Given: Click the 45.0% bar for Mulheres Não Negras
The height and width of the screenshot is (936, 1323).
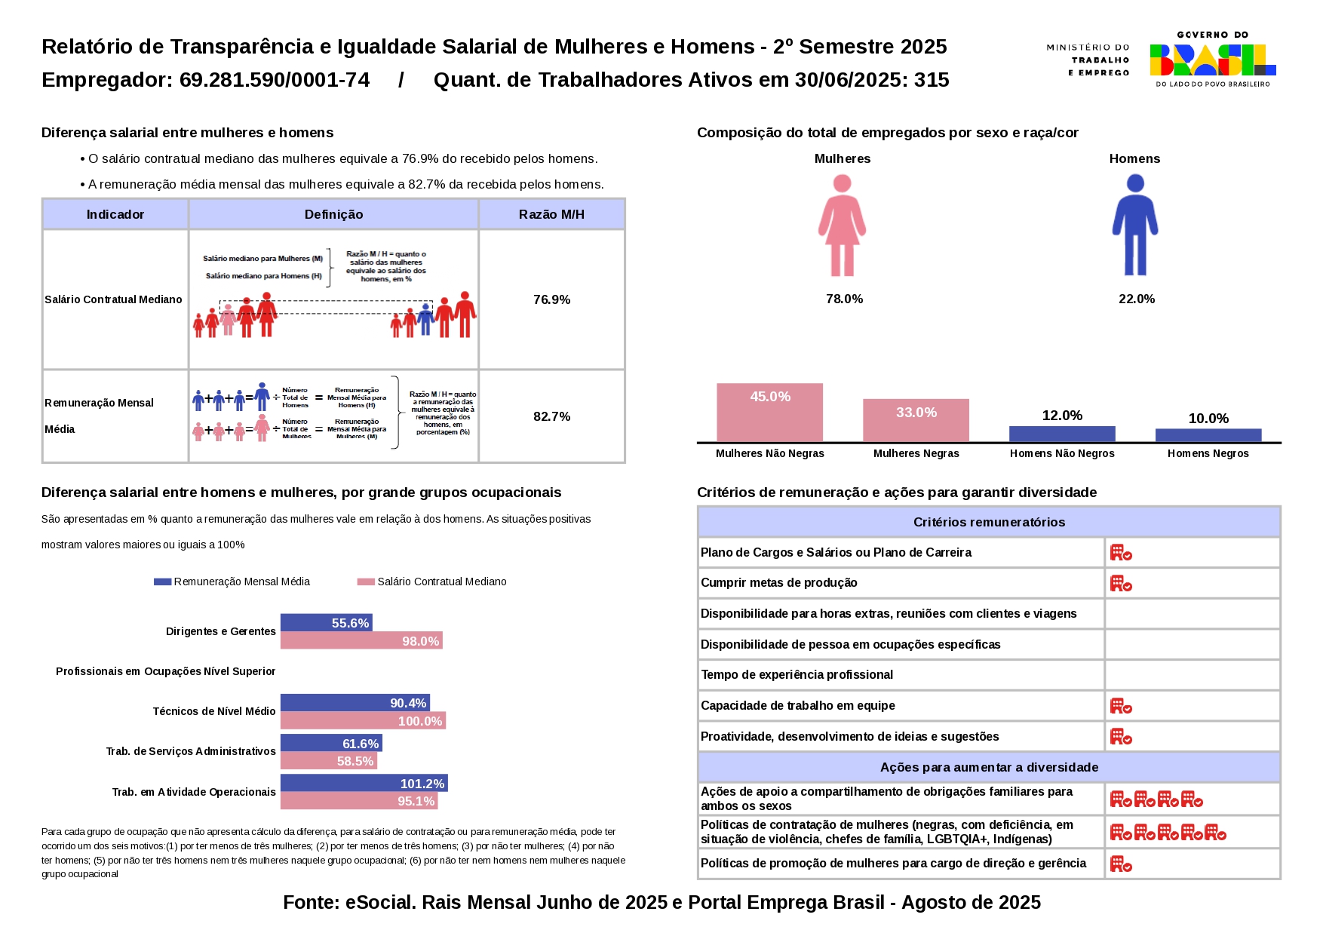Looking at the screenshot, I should pyautogui.click(x=769, y=413).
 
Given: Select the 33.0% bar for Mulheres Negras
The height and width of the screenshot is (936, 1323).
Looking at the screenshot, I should pyautogui.click(x=916, y=420).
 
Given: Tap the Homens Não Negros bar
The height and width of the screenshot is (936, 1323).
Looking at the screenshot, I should pyautogui.click(x=1062, y=434).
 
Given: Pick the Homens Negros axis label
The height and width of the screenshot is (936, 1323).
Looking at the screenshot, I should pyautogui.click(x=1208, y=453).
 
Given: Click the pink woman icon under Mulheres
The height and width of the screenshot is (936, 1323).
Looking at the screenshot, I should pyautogui.click(x=842, y=225).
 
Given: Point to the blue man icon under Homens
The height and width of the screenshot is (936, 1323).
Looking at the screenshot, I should pyautogui.click(x=1134, y=225).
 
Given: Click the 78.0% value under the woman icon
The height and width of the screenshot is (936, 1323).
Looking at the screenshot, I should pyautogui.click(x=844, y=299).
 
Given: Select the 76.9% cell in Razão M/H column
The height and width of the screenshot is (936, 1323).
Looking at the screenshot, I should pyautogui.click(x=551, y=299).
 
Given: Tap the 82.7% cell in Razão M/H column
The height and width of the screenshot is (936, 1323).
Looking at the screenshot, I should pyautogui.click(x=551, y=416).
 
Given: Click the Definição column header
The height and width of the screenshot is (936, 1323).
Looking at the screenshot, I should pyautogui.click(x=333, y=215).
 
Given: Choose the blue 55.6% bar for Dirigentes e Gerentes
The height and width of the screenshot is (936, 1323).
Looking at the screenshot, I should pyautogui.click(x=327, y=623).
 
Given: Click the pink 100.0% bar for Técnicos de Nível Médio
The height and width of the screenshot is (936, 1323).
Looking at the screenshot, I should pyautogui.click(x=363, y=721).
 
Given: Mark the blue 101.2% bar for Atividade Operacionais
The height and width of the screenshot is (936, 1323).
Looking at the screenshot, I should pyautogui.click(x=364, y=784).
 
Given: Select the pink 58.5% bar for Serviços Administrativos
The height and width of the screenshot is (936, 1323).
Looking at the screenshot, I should pyautogui.click(x=328, y=761).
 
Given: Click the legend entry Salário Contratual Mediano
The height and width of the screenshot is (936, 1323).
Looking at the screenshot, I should pyautogui.click(x=441, y=582).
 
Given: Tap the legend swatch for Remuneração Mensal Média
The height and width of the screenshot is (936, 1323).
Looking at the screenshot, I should pyautogui.click(x=162, y=582).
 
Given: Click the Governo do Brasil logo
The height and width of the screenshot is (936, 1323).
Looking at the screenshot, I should pyautogui.click(x=1212, y=59).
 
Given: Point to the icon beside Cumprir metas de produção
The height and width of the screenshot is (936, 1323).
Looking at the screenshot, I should pyautogui.click(x=1121, y=584).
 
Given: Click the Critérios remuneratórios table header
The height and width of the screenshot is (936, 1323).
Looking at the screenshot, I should pyautogui.click(x=989, y=522).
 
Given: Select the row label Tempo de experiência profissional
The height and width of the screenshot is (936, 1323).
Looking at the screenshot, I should pyautogui.click(x=797, y=675).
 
